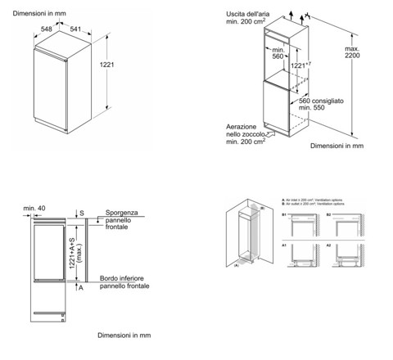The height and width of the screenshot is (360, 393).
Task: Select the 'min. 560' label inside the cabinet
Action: click(278, 56)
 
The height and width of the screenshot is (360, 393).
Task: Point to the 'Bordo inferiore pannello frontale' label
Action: click(124, 282)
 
